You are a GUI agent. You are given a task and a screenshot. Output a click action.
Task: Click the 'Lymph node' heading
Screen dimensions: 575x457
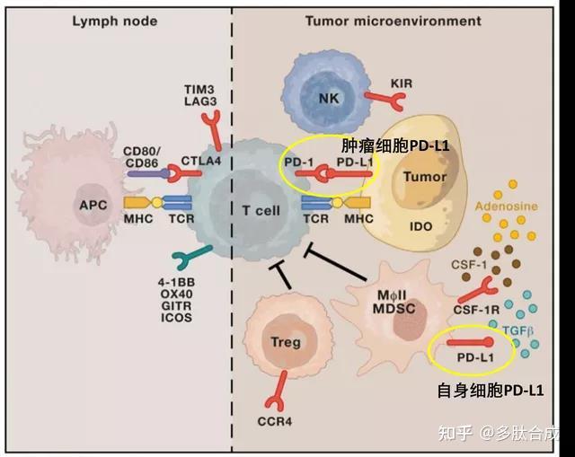point(115,22)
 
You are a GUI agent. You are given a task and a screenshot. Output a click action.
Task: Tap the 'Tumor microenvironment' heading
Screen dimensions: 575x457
point(394,21)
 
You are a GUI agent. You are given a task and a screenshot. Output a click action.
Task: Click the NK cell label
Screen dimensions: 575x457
point(329,98)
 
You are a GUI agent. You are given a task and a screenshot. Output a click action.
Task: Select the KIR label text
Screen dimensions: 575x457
point(402,83)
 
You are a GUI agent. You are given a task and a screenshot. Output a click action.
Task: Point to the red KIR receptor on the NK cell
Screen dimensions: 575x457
point(385,100)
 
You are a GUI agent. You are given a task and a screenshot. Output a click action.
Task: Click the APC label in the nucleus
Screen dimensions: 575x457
point(93,205)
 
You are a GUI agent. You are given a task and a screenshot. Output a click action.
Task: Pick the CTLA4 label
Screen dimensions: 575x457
point(201,161)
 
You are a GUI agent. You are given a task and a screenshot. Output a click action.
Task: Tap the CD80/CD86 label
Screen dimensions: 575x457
point(142,157)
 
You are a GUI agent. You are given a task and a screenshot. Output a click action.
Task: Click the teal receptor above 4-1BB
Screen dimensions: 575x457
point(190,256)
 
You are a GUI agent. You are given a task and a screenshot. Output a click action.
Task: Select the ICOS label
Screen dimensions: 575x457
point(176,317)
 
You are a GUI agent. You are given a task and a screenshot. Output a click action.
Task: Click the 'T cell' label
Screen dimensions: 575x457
point(261,211)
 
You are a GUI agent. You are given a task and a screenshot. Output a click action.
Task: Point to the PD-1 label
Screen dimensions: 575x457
point(298,162)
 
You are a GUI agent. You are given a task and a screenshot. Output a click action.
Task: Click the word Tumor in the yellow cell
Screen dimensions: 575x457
point(425,177)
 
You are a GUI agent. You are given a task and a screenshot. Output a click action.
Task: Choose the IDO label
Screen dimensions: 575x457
point(421,226)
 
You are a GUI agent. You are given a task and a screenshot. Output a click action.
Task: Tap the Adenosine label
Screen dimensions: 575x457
point(507,206)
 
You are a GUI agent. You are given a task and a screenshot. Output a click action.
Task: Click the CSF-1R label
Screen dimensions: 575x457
point(476,310)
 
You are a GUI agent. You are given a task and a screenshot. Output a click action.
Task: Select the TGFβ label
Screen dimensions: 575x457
point(517,331)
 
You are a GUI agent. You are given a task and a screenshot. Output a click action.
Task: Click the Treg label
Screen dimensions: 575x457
point(286,342)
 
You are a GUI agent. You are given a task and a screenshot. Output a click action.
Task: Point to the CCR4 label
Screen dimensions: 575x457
point(275,422)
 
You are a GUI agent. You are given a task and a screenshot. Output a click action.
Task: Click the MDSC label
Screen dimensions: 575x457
point(394,309)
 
